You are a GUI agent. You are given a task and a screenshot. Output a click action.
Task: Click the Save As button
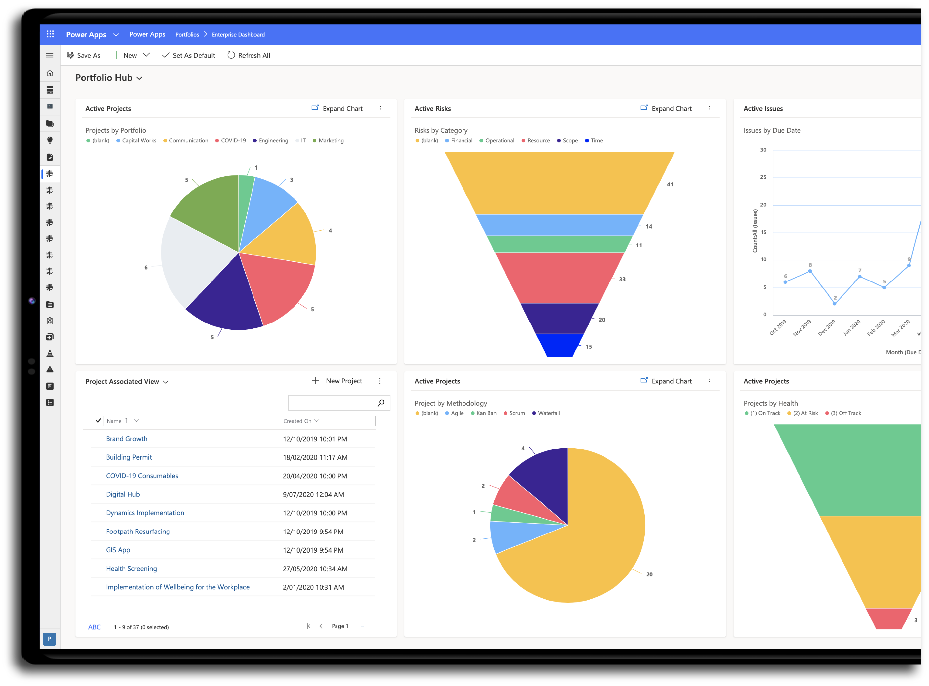tap(84, 55)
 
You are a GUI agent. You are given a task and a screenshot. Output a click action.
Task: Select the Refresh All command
tap(249, 55)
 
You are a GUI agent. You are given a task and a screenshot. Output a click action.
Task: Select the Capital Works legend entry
tap(136, 141)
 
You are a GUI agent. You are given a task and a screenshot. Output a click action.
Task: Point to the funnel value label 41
tap(670, 184)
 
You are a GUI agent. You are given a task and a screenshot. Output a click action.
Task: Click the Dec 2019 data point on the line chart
tap(835, 303)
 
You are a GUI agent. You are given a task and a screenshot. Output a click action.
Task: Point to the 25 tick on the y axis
tap(763, 177)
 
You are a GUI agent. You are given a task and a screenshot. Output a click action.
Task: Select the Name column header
tap(114, 421)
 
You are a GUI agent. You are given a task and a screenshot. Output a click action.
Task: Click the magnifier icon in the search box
tap(381, 403)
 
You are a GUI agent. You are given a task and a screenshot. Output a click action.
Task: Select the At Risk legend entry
tap(803, 413)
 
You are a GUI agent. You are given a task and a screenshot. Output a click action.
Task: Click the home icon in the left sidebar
tap(50, 73)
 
